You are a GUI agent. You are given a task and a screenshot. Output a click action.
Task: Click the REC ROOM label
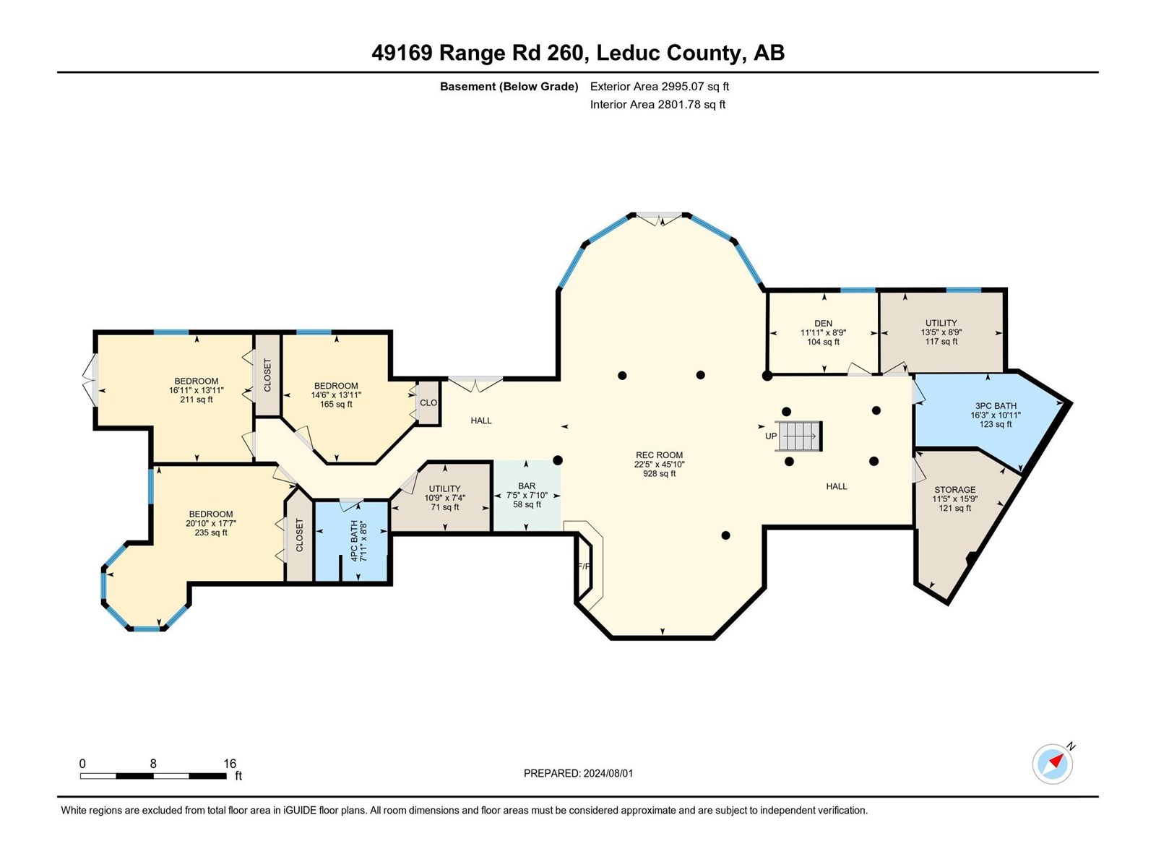(659, 464)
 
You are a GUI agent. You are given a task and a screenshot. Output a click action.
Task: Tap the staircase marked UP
(799, 436)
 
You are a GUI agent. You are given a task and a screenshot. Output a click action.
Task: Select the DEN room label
(823, 332)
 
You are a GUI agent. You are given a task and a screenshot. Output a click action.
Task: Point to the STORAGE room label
(954, 499)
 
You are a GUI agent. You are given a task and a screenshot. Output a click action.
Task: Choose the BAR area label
(527, 495)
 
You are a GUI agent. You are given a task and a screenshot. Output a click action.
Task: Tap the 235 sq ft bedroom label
(211, 523)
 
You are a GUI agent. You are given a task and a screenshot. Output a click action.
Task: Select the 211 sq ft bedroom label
(197, 390)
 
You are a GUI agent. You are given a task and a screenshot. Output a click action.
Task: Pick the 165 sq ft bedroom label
(336, 394)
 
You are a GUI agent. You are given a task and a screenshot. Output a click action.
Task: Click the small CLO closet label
(428, 402)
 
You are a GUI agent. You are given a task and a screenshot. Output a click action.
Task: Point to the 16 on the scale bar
(230, 764)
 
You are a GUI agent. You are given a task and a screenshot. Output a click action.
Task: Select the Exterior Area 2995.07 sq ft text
(659, 86)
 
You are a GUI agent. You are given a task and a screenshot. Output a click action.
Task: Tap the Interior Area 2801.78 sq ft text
(657, 104)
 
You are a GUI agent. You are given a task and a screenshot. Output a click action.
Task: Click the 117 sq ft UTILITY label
(941, 332)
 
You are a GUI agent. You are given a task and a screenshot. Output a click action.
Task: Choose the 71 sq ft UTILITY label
(444, 498)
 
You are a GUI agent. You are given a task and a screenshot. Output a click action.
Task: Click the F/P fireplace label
(584, 566)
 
